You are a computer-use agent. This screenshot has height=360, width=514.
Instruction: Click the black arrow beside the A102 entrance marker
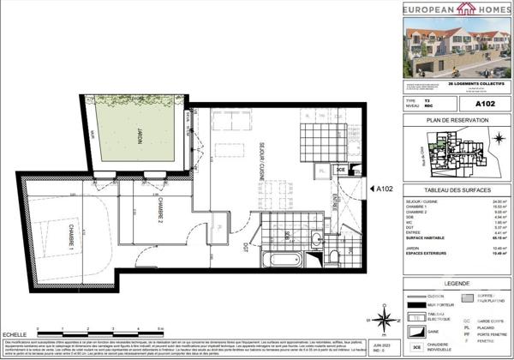tap(364, 189)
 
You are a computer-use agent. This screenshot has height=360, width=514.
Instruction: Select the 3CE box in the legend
tap(416, 348)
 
